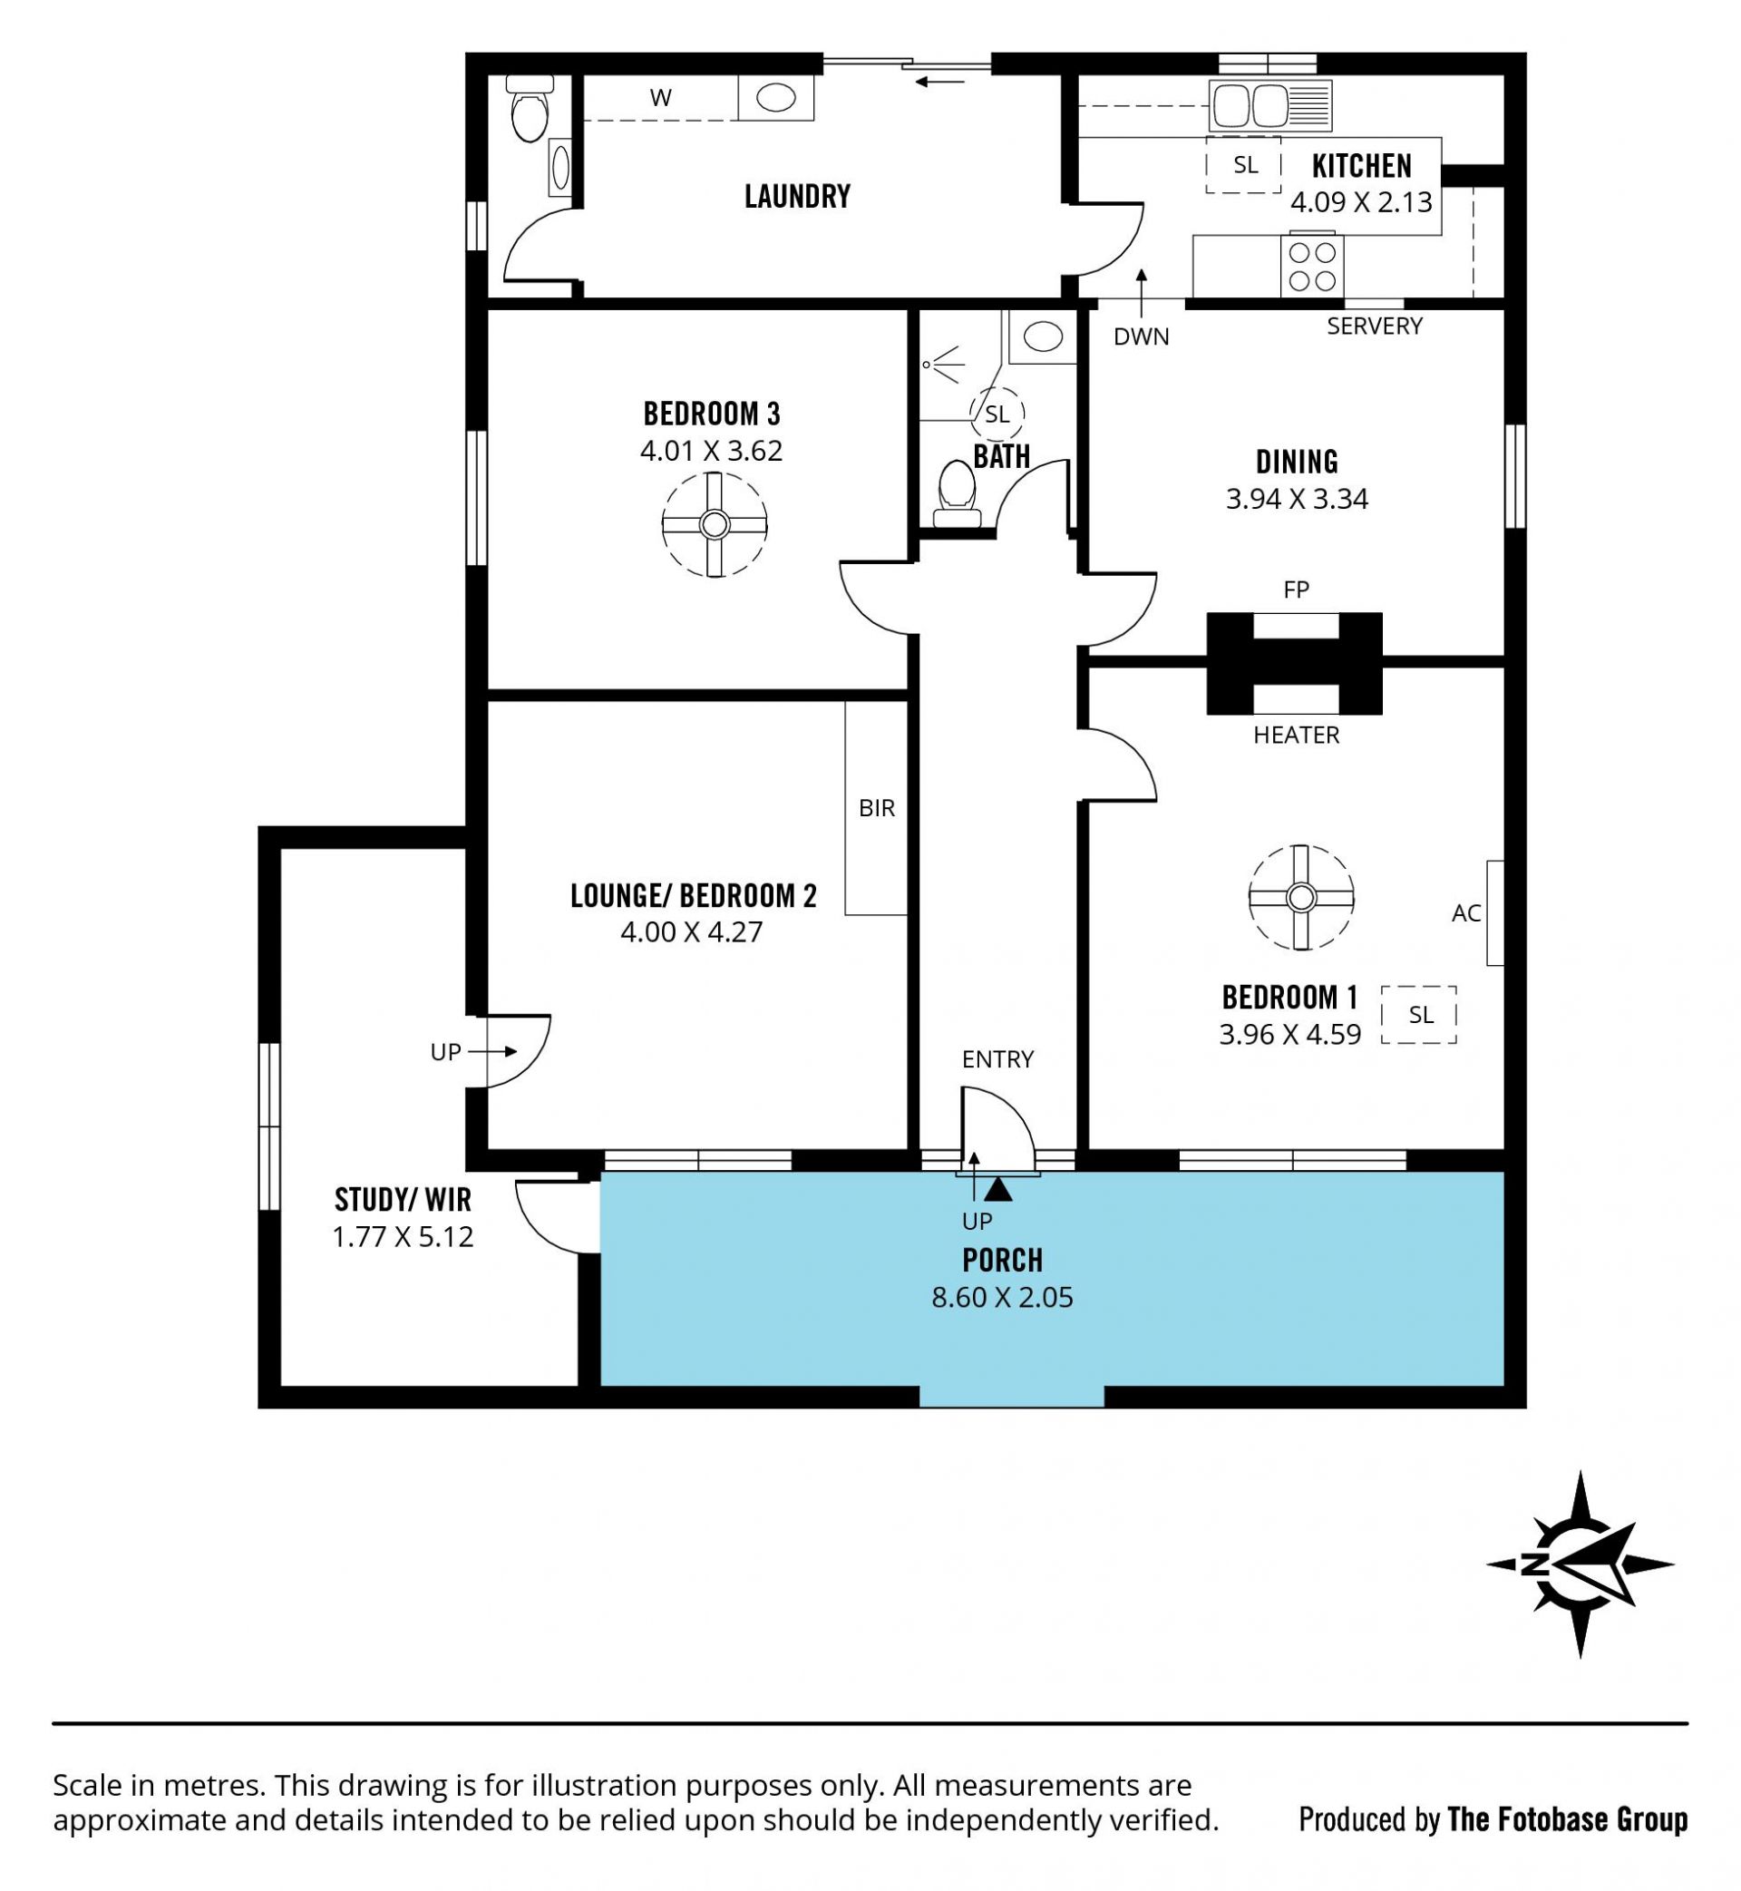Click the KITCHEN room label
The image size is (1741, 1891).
pyautogui.click(x=1361, y=166)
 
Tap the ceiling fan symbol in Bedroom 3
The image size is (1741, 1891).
pyautogui.click(x=715, y=524)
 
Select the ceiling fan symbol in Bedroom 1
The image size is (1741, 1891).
pyautogui.click(x=1301, y=898)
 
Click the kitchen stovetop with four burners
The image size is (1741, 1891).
pyautogui.click(x=1312, y=266)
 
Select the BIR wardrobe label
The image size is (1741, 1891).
pyautogui.click(x=876, y=807)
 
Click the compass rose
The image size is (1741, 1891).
pyautogui.click(x=1579, y=1565)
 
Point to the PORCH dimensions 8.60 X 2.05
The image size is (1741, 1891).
pyautogui.click(x=1002, y=1298)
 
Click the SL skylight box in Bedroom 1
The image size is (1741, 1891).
pyautogui.click(x=1419, y=1015)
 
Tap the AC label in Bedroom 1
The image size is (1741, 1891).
pyautogui.click(x=1466, y=912)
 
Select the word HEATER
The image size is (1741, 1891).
pyautogui.click(x=1297, y=735)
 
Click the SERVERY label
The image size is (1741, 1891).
pyautogui.click(x=1375, y=326)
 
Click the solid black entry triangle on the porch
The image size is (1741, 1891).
pyautogui.click(x=999, y=1190)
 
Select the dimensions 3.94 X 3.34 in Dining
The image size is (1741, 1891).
pyautogui.click(x=1297, y=499)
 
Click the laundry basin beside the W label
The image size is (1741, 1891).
pyautogui.click(x=775, y=98)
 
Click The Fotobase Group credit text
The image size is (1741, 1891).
pyautogui.click(x=1567, y=1819)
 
